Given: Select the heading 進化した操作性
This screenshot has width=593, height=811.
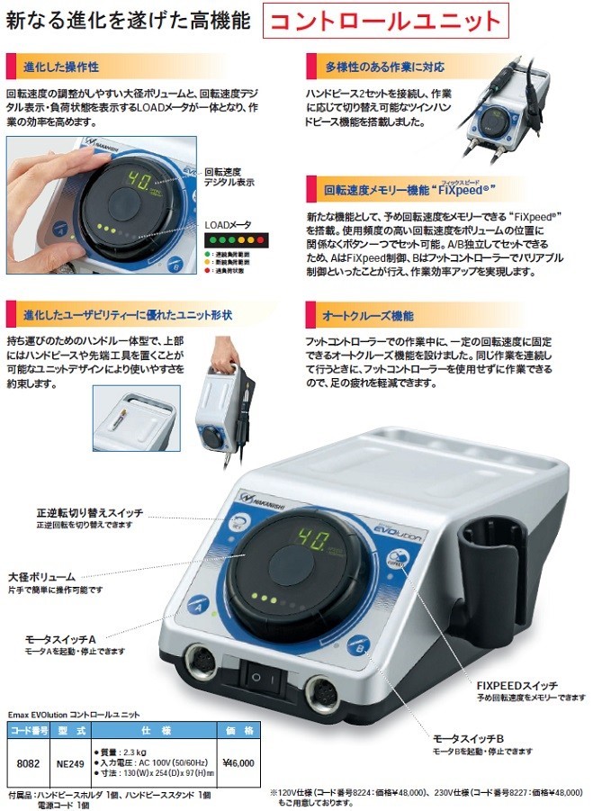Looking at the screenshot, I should coord(54,67).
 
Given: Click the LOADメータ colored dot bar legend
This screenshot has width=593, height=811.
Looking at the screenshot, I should coord(238,240).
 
